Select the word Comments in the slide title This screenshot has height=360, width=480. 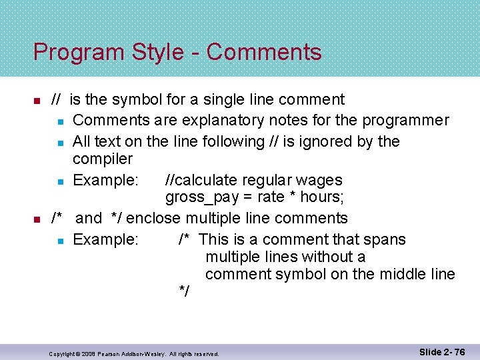pos(264,52)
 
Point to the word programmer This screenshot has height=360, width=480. pos(406,121)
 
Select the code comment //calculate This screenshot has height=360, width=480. pos(198,180)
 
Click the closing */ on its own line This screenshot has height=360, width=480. pos(184,291)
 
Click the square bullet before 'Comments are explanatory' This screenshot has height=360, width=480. pos(60,121)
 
